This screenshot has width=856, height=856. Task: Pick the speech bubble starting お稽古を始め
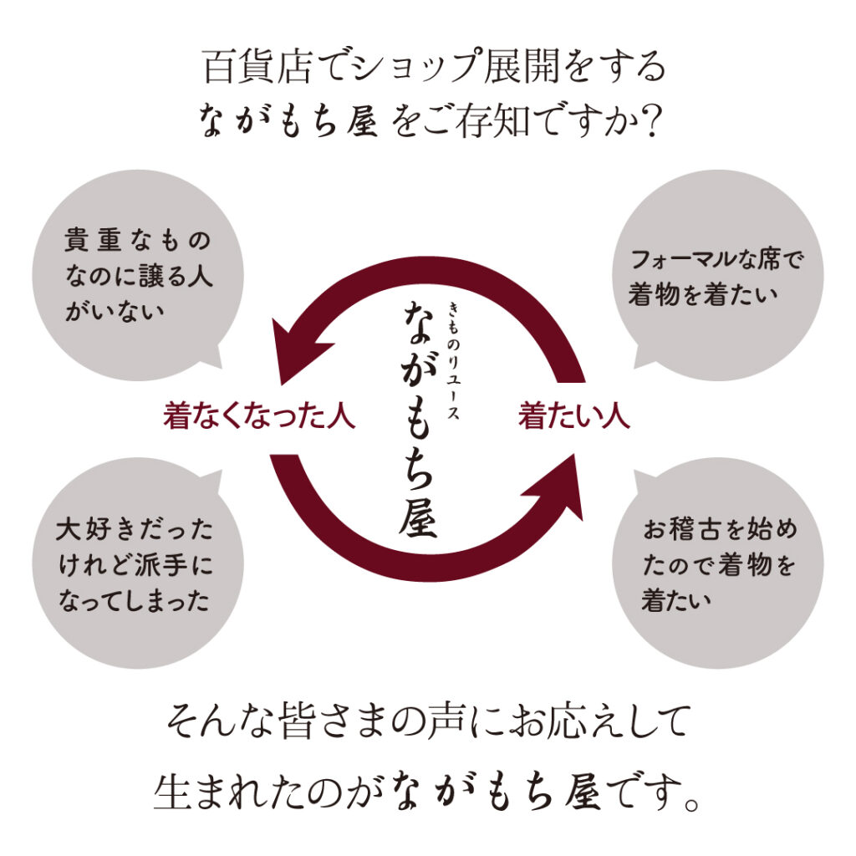717,565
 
